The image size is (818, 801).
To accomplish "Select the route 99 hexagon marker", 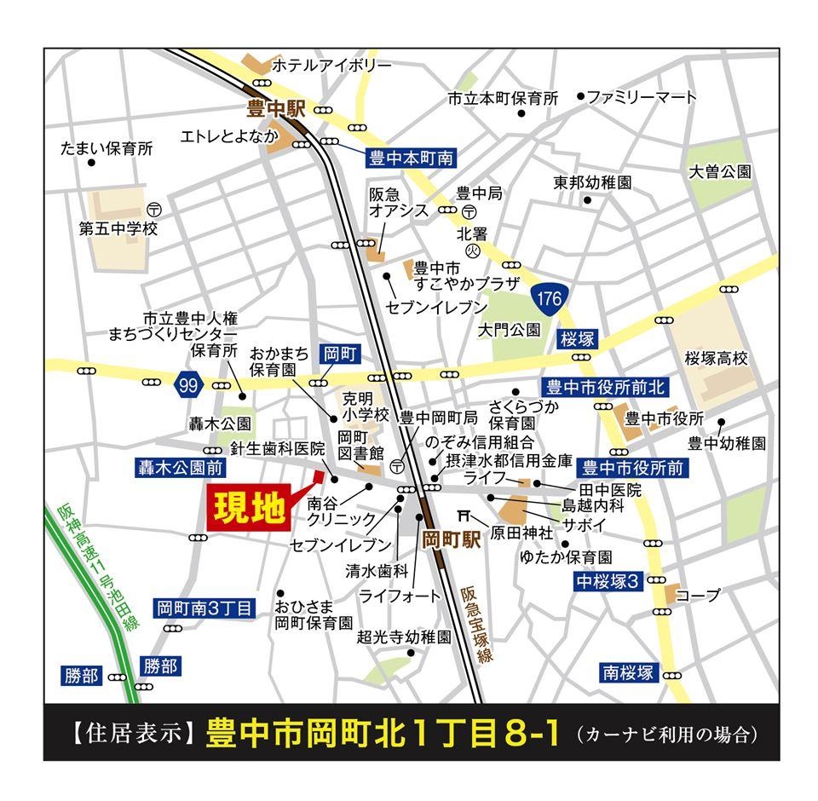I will (x=188, y=386).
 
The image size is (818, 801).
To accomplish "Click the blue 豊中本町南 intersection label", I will (x=412, y=158).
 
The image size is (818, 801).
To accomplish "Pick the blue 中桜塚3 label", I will (x=606, y=582).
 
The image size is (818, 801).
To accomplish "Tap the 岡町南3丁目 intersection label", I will (x=204, y=608).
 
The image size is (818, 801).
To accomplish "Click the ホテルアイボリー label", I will (x=331, y=66).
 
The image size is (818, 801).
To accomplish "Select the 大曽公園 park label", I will (x=720, y=171).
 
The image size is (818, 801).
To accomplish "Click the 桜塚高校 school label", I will (x=716, y=359).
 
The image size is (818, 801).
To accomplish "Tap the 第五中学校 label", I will (x=118, y=229).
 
